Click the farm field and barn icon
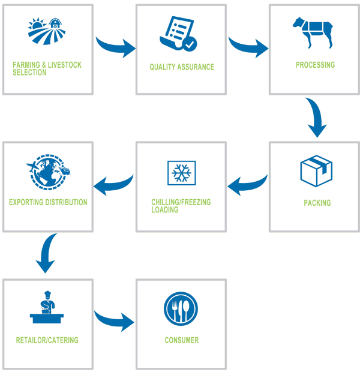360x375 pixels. tap(46, 31)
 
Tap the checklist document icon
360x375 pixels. tap(178, 34)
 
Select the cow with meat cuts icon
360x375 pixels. tap(313, 32)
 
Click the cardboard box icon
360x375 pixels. tap(316, 171)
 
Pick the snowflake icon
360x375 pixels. tap(182, 173)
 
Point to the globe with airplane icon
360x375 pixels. tap(48, 172)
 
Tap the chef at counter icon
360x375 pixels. tap(47, 307)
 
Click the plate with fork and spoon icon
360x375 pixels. tap(181, 308)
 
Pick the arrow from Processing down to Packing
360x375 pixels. tap(316, 117)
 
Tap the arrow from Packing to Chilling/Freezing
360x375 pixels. tap(247, 185)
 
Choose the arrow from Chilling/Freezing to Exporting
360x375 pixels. tap(113, 185)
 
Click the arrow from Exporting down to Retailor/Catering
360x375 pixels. tap(46, 253)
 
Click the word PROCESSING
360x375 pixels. tap(315, 65)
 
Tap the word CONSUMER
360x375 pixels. tap(182, 340)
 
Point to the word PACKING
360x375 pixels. tap(317, 203)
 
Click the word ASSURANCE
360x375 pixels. tap(196, 67)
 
